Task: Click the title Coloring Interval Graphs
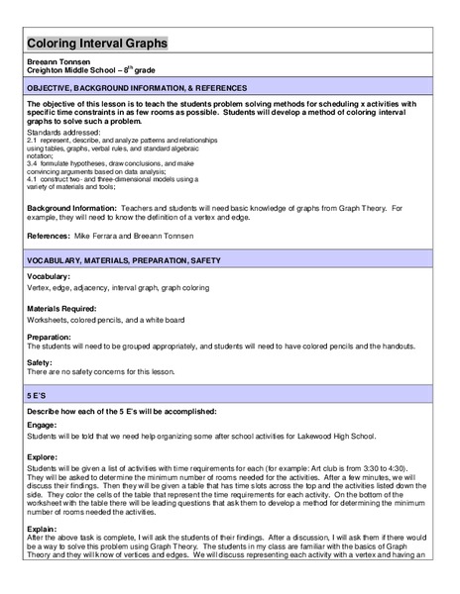point(97,45)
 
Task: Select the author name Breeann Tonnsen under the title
point(61,62)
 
